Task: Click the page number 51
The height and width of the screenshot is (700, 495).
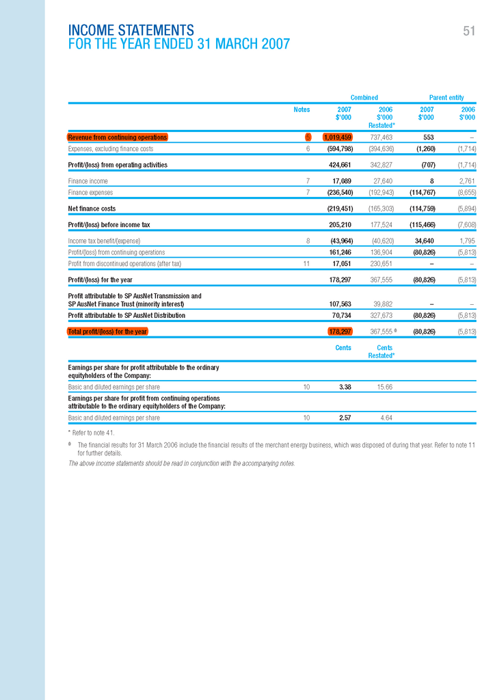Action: click(x=468, y=31)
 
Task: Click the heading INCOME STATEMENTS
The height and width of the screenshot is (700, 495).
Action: click(x=131, y=31)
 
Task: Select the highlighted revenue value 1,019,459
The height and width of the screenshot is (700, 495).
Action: click(x=338, y=137)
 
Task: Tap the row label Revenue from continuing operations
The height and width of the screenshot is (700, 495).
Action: click(x=118, y=137)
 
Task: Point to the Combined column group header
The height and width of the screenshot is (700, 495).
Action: click(x=364, y=98)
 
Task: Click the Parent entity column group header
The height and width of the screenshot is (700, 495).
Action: click(x=446, y=98)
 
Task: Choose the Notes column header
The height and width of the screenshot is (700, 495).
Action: click(x=302, y=109)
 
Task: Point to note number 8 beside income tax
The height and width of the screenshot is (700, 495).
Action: click(x=308, y=241)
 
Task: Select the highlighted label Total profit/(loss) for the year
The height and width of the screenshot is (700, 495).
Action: click(x=107, y=332)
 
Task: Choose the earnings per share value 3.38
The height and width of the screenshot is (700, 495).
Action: click(x=345, y=387)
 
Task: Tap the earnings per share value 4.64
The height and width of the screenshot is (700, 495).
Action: click(x=385, y=417)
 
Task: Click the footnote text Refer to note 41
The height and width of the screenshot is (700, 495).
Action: click(x=93, y=433)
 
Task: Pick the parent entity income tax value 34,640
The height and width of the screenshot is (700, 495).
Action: click(x=424, y=241)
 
